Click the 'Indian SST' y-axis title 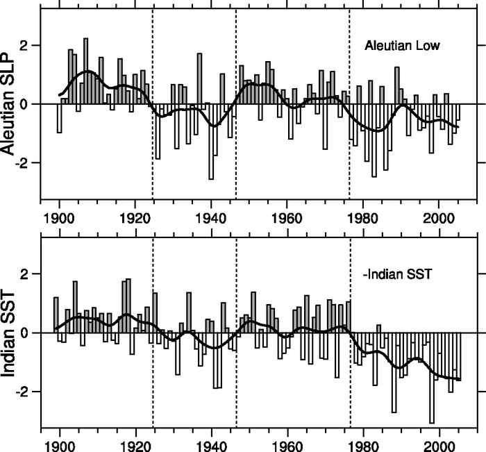(10, 333)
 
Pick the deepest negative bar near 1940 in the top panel (211, 142)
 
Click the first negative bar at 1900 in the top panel (60, 118)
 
